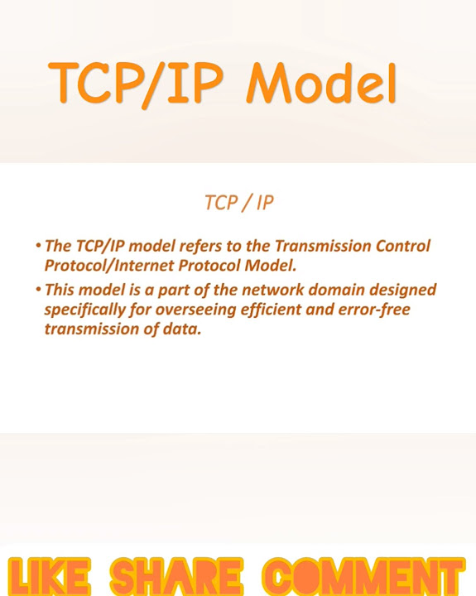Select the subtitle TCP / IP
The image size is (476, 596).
(x=238, y=202)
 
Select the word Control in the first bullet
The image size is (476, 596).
(x=402, y=247)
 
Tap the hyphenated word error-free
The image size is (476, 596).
(x=373, y=310)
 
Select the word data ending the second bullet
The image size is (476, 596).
(x=183, y=329)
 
